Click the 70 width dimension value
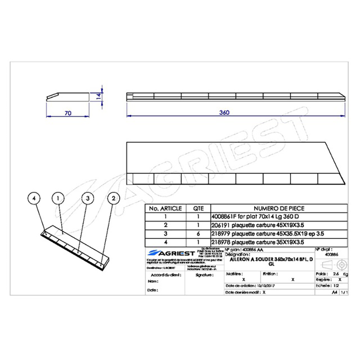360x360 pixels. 68,113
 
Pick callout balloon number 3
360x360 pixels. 88,198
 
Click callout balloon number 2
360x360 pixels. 113,198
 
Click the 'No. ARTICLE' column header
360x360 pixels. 165,208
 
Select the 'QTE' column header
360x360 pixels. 198,208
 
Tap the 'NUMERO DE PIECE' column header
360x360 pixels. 279,208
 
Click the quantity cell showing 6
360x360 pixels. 198,234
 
